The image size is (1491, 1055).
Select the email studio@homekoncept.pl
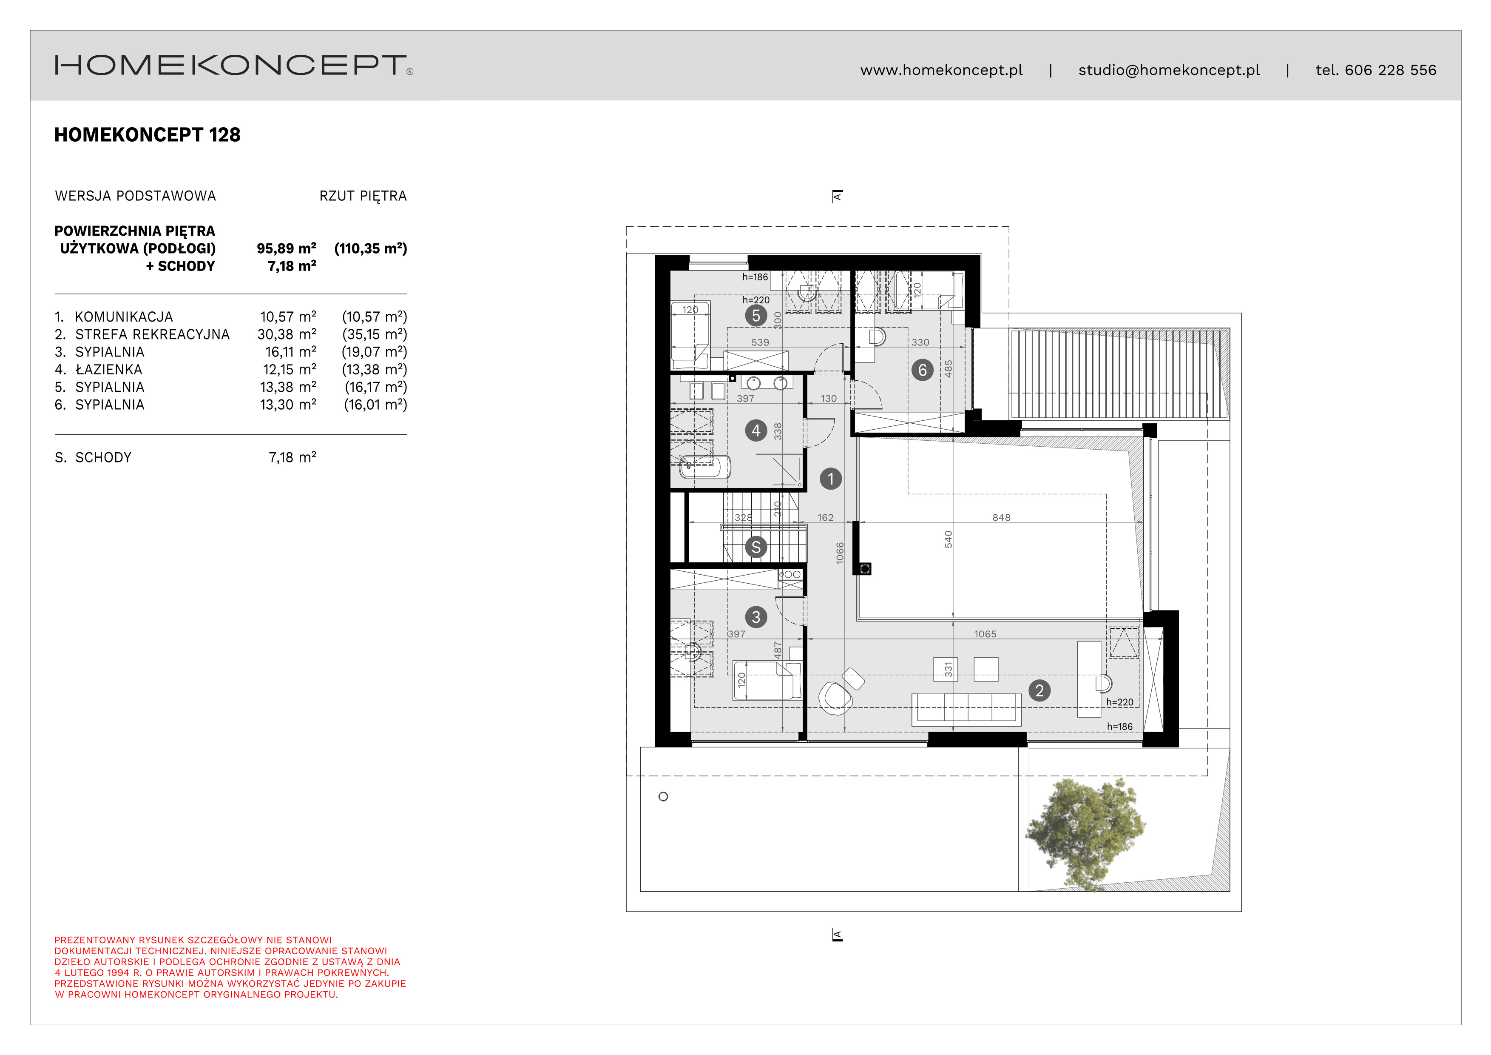tap(1168, 70)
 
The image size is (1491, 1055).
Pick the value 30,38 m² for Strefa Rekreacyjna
tap(287, 334)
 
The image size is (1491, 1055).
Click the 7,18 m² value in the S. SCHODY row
tap(292, 457)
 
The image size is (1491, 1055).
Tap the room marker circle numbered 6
tap(922, 370)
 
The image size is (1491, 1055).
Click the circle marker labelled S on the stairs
tap(756, 547)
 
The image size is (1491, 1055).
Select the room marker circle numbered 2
tap(1039, 690)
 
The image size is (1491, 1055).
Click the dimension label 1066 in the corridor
tap(840, 553)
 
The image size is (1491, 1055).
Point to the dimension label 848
tap(1001, 518)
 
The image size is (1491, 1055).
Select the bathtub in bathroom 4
tap(704, 466)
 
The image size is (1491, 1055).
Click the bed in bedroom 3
tap(766, 680)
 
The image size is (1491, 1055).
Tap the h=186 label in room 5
tap(755, 277)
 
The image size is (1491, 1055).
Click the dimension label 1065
tap(985, 634)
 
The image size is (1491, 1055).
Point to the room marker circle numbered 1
tap(831, 479)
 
